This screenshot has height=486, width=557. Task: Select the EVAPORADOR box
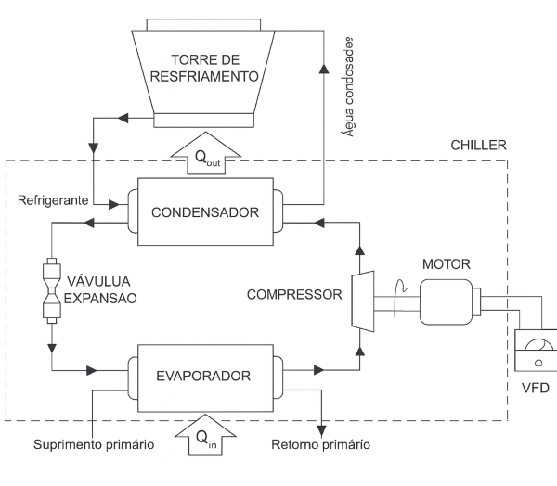tap(205, 377)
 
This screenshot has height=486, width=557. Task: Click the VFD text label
tap(538, 389)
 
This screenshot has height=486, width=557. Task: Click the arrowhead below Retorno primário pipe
tap(321, 428)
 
